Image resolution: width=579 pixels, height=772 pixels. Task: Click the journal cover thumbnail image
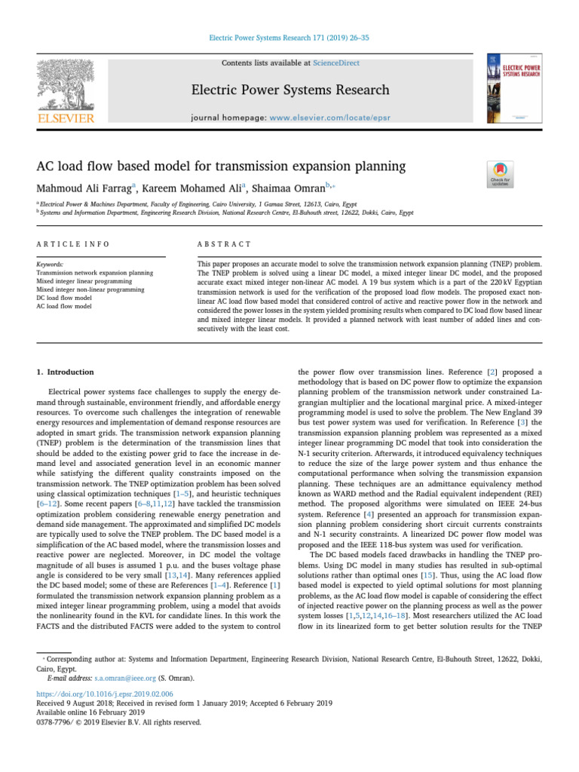(x=514, y=88)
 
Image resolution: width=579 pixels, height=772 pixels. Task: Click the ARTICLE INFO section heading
(x=73, y=244)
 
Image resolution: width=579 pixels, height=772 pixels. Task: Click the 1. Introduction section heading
(x=66, y=372)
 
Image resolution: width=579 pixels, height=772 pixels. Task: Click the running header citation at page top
(x=289, y=36)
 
